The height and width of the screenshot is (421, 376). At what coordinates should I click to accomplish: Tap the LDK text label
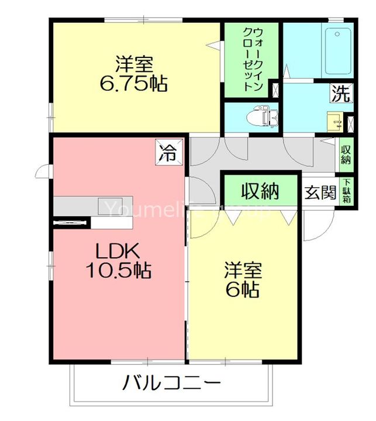(117, 251)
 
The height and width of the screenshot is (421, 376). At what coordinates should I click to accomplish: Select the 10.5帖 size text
(118, 270)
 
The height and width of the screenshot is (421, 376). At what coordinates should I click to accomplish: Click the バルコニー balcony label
(171, 384)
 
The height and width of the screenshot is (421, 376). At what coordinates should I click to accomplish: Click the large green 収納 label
(260, 191)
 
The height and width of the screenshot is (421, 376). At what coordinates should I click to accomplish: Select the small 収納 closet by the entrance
(346, 154)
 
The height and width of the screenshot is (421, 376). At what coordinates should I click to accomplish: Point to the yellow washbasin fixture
(335, 123)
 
